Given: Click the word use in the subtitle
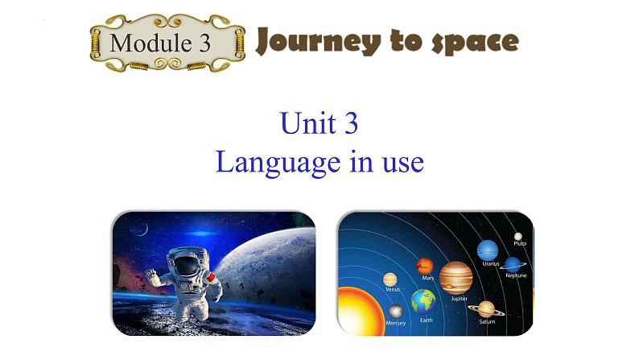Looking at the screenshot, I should [x=404, y=163].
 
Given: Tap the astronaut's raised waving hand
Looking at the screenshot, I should [x=151, y=275].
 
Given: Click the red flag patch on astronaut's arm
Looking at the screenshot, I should [x=212, y=277].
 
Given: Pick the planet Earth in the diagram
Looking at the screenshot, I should [x=423, y=302].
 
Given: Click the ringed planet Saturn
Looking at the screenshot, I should [x=486, y=308].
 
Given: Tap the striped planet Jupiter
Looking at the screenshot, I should [x=456, y=277].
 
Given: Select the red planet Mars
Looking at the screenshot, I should [x=425, y=266].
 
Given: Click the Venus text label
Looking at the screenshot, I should [x=393, y=288].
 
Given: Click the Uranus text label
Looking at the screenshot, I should [x=490, y=263].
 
